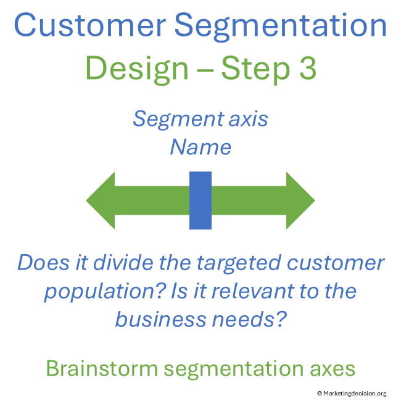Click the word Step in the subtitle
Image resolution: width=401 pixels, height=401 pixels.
pos(255,68)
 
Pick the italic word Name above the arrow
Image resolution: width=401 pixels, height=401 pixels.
pos(200,147)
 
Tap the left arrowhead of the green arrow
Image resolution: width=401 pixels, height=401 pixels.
pos(102,200)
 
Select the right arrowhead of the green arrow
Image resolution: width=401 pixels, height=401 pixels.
pos(300,200)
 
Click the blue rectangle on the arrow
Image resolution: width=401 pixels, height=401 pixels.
pos(200,200)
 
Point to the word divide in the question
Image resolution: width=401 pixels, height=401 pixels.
pos(111,263)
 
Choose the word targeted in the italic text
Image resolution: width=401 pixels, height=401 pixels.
pos(238,263)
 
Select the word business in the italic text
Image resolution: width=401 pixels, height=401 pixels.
pos(157,319)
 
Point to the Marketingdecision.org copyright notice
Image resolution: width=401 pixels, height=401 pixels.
pos(352,394)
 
